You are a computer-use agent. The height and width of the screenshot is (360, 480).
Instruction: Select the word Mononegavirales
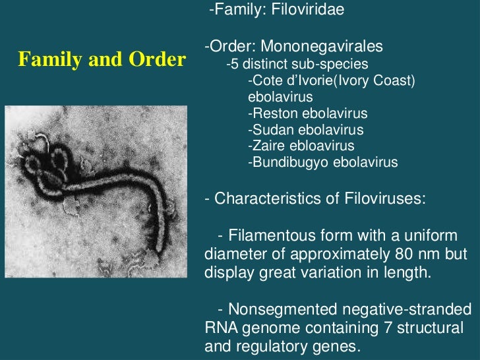321,47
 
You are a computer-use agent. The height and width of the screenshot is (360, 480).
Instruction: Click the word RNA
220,328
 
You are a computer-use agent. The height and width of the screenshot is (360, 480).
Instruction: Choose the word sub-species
334,65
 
